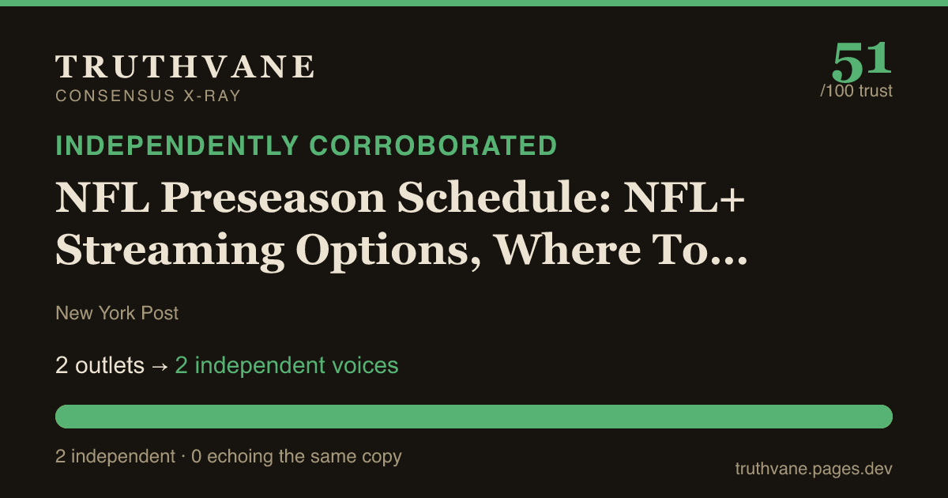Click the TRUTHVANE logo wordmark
185,66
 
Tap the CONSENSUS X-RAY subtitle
149,96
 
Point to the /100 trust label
856,91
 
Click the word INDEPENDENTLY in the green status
177,145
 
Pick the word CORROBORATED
433,145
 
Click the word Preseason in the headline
273,198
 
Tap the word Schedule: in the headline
504,197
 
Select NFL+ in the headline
684,197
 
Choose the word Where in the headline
567,249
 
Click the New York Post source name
117,313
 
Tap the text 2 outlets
100,365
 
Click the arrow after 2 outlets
160,366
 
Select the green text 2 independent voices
287,365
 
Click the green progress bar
474,417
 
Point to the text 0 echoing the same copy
296,457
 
